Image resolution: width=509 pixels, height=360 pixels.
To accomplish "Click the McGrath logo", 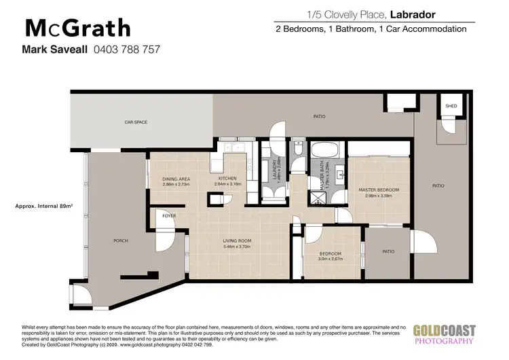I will pyautogui.click(x=77, y=28).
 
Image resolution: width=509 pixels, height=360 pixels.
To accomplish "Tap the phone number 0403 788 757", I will pyautogui.click(x=126, y=50).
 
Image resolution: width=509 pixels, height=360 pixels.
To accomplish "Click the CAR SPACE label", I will pyautogui.click(x=136, y=122).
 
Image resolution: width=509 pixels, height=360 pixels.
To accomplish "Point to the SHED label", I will pyautogui.click(x=451, y=107).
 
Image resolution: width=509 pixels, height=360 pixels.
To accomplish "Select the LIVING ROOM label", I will pyautogui.click(x=238, y=240).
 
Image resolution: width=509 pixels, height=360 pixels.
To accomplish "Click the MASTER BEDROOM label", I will pyautogui.click(x=379, y=190).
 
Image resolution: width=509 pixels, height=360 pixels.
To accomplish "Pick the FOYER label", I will pyautogui.click(x=169, y=215).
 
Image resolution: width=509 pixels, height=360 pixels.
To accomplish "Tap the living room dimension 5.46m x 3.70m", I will pyautogui.click(x=238, y=247).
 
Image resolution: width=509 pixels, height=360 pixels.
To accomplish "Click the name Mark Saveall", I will pyautogui.click(x=54, y=50).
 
